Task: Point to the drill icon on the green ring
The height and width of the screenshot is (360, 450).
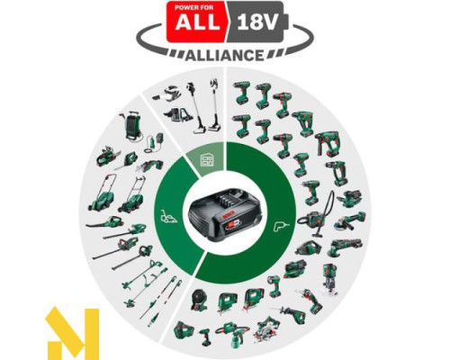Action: (x=283, y=219)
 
